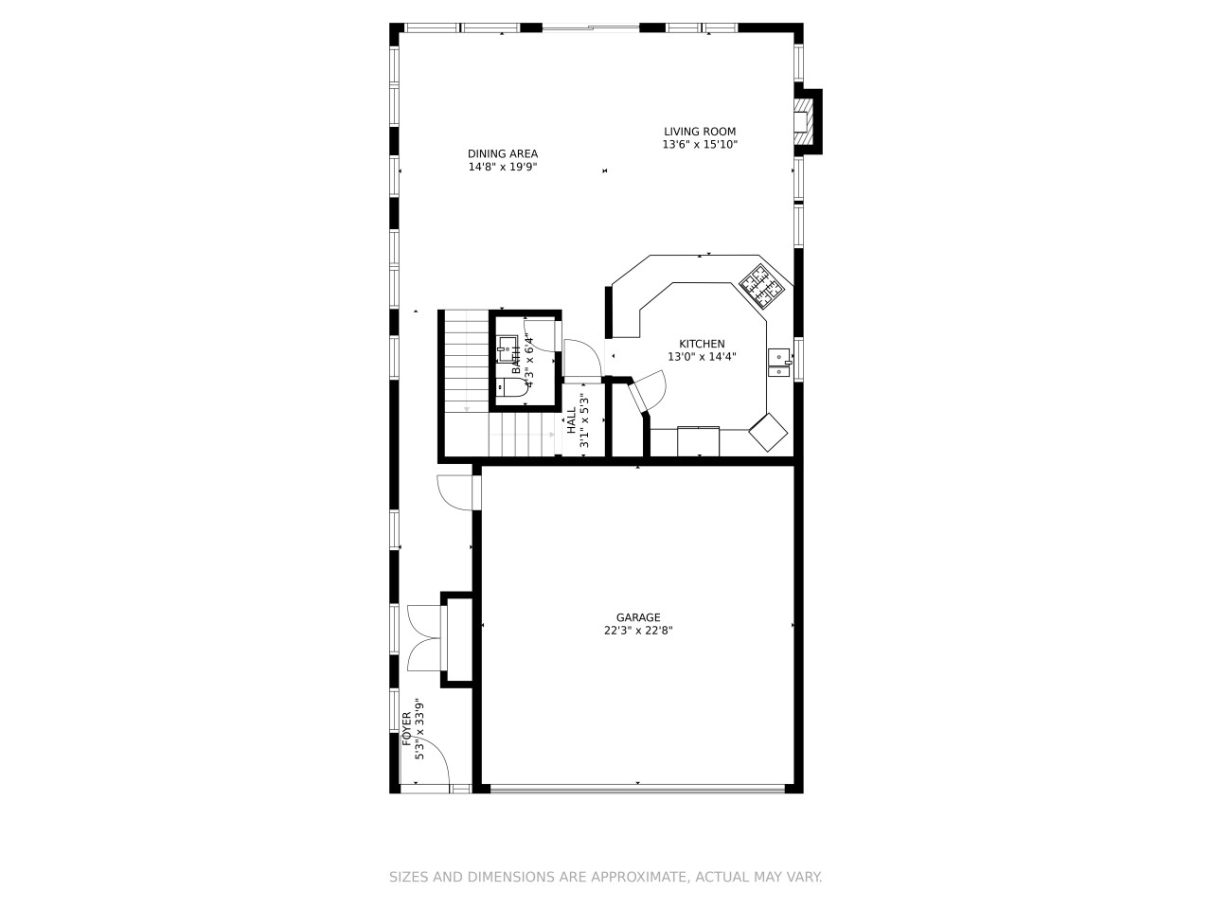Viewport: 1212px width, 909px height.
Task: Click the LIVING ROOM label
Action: [x=699, y=132]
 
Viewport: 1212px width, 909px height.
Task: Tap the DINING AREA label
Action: [x=503, y=154]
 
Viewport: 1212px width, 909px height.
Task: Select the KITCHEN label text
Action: [x=702, y=344]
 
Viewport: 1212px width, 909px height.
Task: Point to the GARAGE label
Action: [x=638, y=617]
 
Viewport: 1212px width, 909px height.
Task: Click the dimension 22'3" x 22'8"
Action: [x=638, y=631]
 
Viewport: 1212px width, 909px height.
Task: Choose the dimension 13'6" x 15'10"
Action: [x=700, y=145]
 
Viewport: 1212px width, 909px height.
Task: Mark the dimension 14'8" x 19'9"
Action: [x=503, y=167]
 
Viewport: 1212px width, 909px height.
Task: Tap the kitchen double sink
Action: [x=778, y=362]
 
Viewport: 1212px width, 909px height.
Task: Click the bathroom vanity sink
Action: [x=507, y=348]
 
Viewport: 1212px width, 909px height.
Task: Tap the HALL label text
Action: [x=572, y=420]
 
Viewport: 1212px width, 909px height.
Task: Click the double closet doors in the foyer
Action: [x=424, y=638]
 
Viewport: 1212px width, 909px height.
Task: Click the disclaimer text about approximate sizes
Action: [x=606, y=877]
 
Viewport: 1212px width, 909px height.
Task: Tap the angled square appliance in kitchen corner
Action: [x=768, y=432]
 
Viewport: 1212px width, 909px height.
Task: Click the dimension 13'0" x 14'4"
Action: [x=702, y=357]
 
